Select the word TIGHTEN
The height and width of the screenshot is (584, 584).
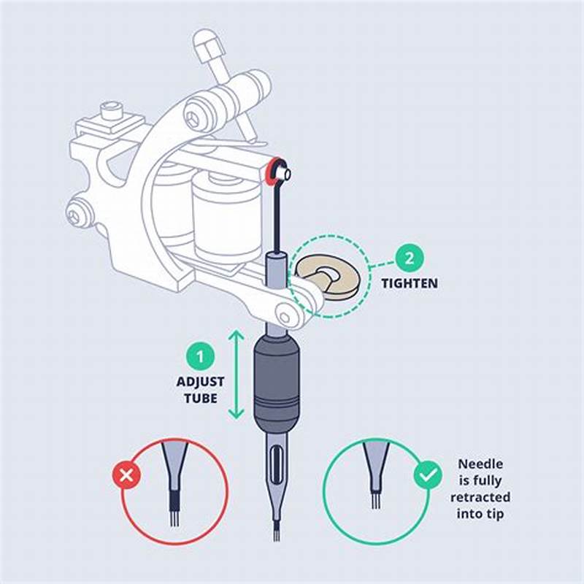tap(410, 283)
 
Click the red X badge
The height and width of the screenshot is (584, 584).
tap(127, 477)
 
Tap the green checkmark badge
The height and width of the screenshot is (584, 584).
tap(427, 476)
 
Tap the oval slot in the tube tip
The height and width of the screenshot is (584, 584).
tap(276, 468)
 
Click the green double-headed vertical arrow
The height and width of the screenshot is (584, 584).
tap(236, 374)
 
